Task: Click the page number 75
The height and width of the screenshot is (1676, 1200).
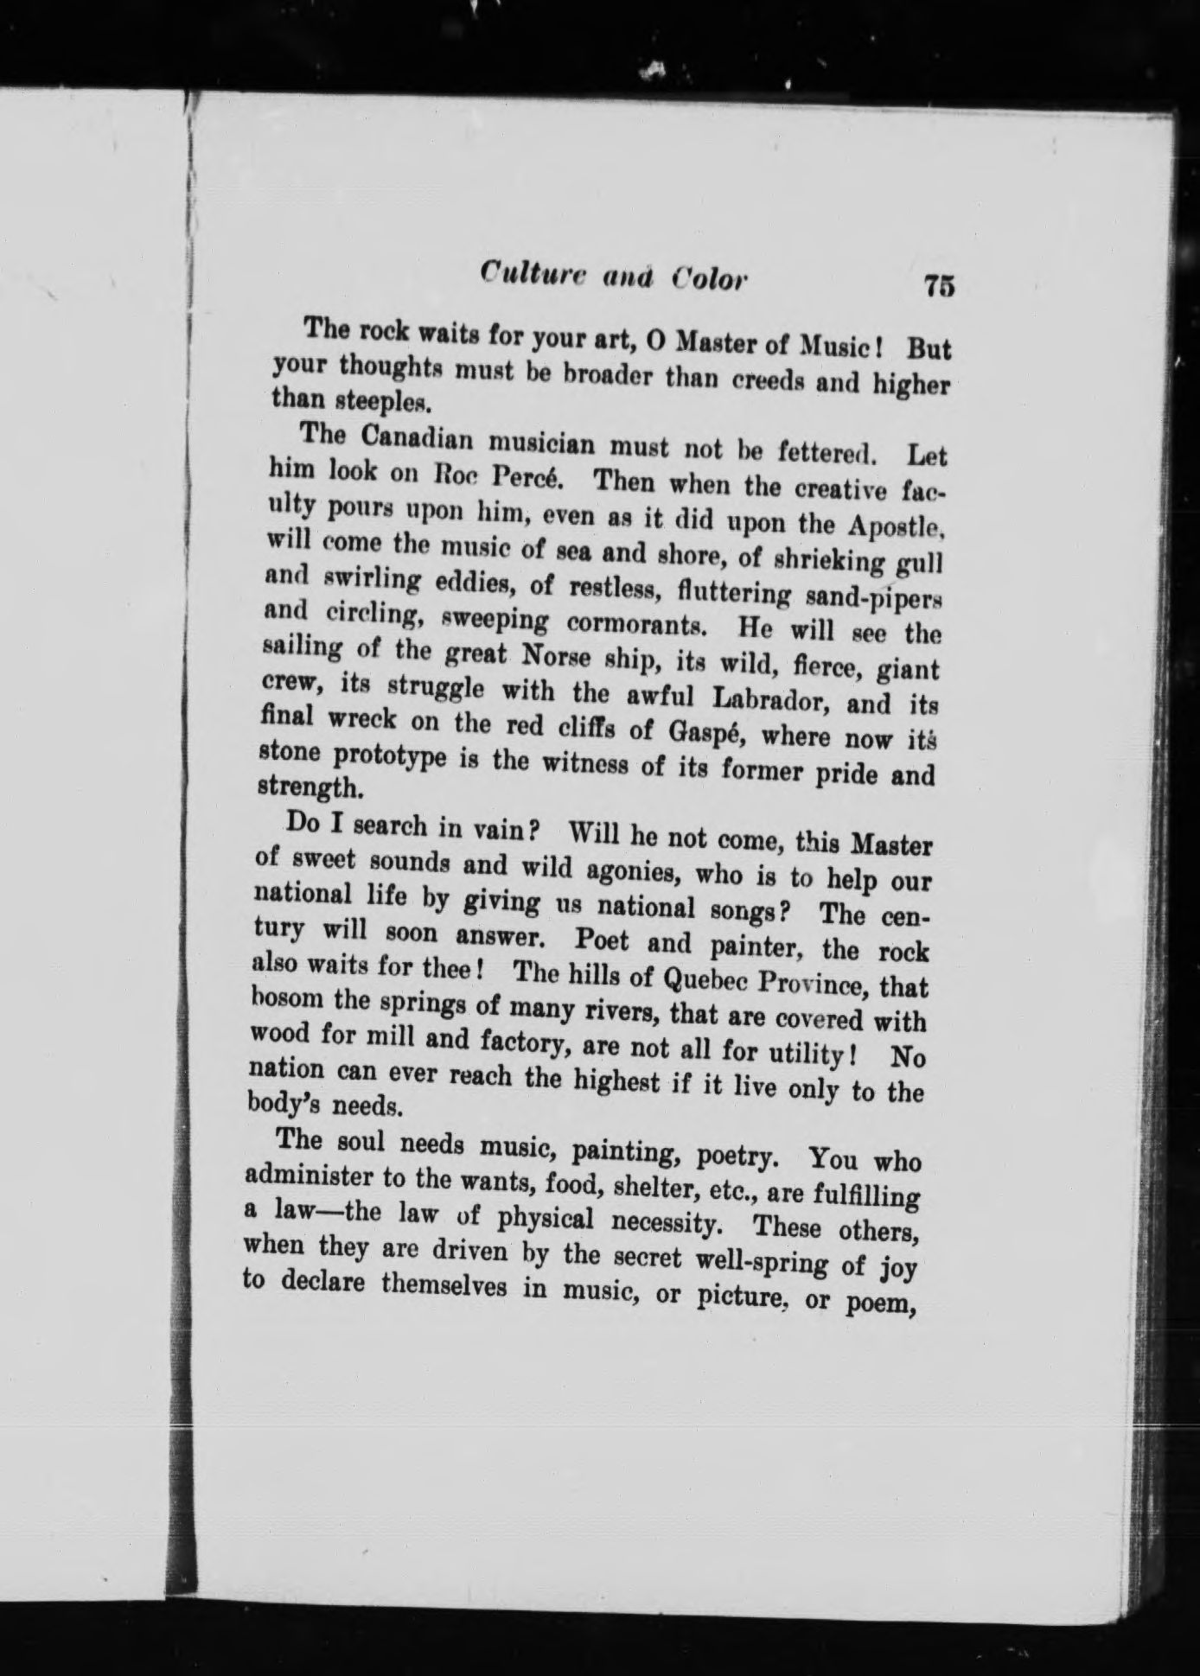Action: point(938,286)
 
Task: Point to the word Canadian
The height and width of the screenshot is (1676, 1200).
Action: point(412,440)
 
